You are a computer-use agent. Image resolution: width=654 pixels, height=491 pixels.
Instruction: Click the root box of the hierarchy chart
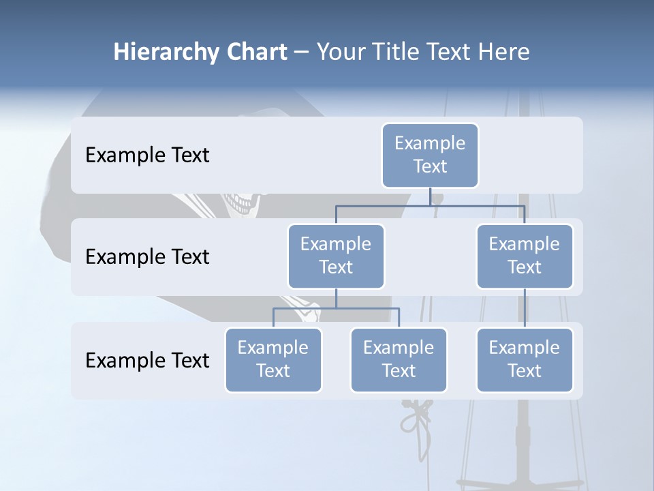[430, 155]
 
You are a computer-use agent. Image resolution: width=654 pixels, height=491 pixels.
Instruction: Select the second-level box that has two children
[336, 256]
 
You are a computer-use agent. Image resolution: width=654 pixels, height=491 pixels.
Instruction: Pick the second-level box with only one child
[525, 256]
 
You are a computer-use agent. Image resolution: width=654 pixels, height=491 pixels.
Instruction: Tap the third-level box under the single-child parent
[525, 359]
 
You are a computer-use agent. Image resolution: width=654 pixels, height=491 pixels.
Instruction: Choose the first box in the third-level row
[273, 359]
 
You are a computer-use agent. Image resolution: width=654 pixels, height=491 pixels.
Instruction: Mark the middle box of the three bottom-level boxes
[399, 359]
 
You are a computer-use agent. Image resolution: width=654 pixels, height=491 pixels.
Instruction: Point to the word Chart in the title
[256, 53]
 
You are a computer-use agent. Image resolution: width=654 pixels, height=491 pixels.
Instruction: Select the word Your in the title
[340, 53]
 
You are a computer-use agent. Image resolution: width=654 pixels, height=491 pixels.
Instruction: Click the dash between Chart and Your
[302, 53]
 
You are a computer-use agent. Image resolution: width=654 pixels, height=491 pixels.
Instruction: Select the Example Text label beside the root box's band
[147, 155]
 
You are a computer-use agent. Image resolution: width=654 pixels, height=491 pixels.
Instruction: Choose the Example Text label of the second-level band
[147, 257]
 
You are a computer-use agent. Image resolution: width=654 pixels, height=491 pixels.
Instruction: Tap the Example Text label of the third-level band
[147, 360]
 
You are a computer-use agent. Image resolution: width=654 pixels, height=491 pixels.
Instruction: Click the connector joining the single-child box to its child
[525, 308]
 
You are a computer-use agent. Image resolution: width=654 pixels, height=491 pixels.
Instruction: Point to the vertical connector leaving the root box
[430, 196]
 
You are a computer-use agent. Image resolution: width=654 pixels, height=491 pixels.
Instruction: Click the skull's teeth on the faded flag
[243, 203]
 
